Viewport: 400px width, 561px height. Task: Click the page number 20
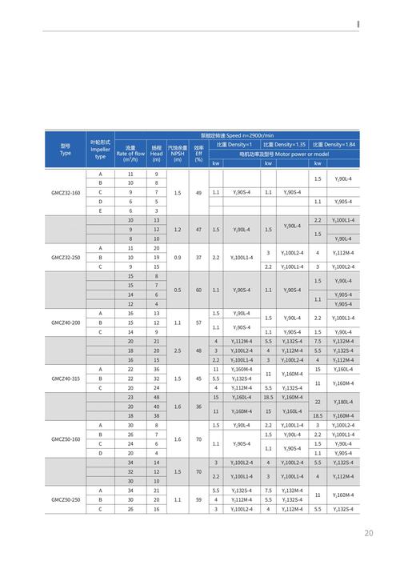369,533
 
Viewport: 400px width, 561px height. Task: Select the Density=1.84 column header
334,144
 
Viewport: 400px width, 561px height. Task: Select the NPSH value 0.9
177,258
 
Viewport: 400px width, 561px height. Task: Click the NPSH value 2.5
177,351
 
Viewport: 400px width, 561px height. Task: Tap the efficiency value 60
198,290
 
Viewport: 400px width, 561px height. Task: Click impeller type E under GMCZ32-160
101,211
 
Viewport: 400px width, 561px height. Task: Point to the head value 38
157,415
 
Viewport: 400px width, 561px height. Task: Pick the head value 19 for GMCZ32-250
157,258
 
